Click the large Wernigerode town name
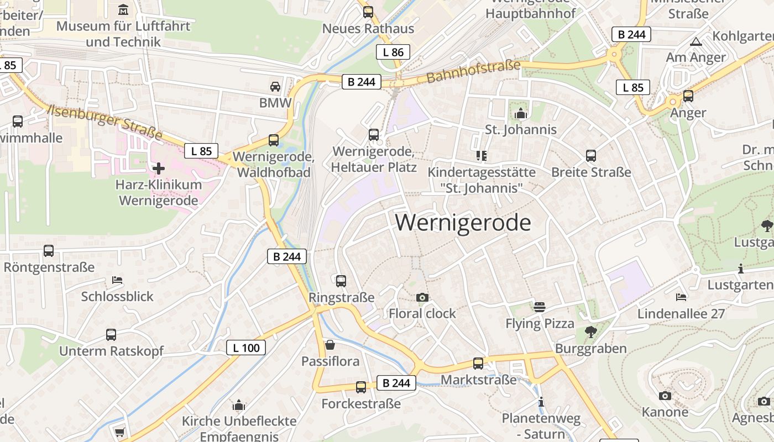click(x=463, y=223)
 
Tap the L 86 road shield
click(x=393, y=52)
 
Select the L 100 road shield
click(x=246, y=348)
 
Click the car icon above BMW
click(x=275, y=86)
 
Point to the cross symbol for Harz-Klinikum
click(x=159, y=168)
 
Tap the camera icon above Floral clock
click(x=422, y=297)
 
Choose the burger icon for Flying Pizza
click(x=540, y=307)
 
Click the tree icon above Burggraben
click(x=590, y=331)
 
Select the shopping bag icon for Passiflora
click(x=330, y=345)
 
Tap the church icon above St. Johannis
click(x=520, y=113)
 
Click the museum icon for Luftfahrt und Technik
click(x=123, y=9)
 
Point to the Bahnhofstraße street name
click(x=474, y=71)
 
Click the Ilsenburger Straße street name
click(x=105, y=122)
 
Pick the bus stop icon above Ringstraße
click(x=341, y=281)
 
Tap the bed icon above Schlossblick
click(x=117, y=280)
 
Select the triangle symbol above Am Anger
click(x=695, y=41)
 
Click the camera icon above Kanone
click(x=665, y=396)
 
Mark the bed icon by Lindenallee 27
click(x=681, y=297)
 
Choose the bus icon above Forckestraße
click(x=361, y=387)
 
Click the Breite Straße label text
click(x=591, y=172)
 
